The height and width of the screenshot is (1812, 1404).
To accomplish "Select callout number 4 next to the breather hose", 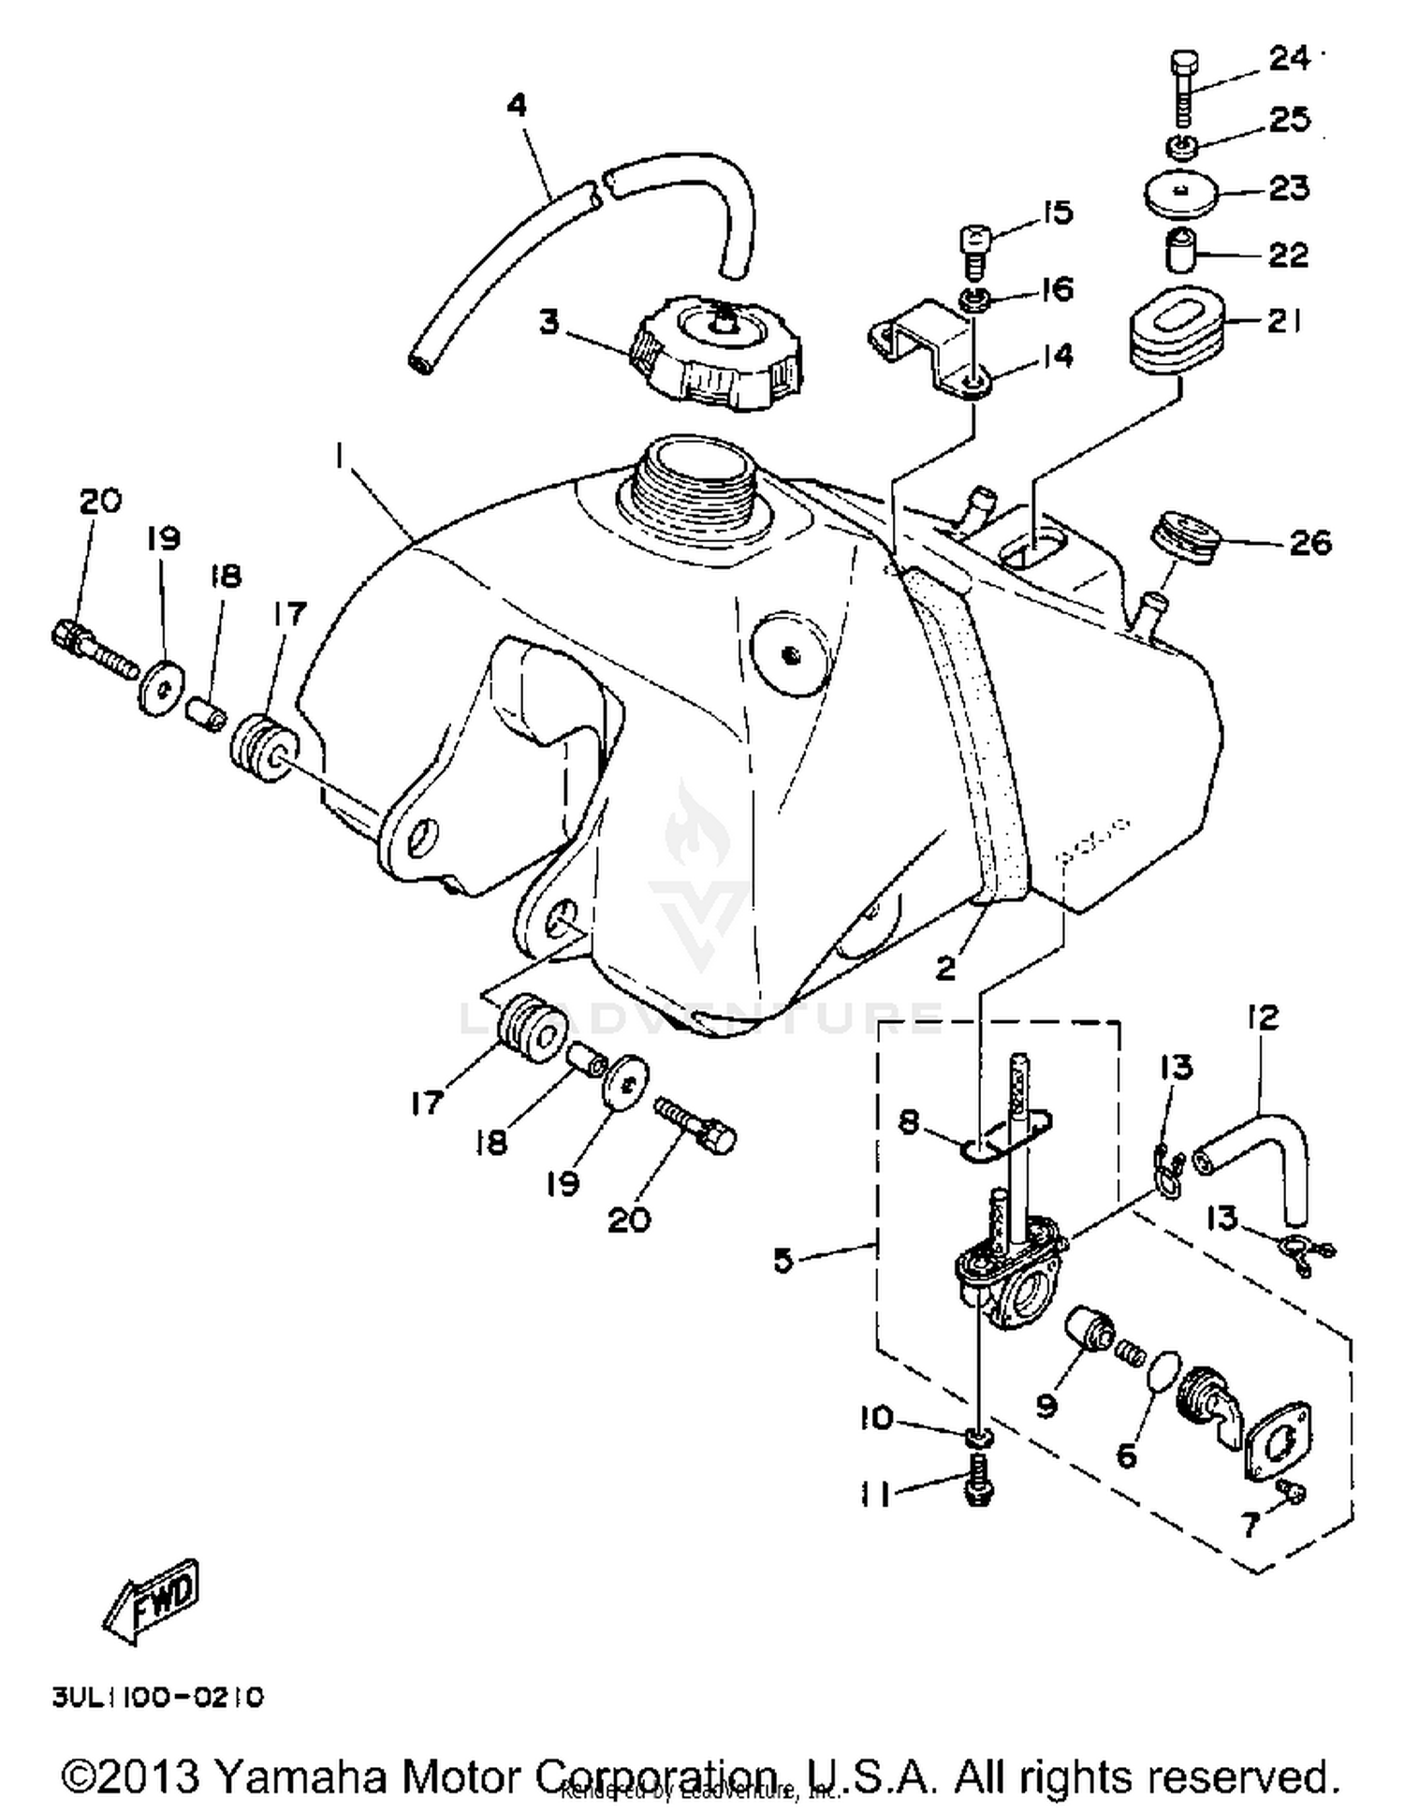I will coord(517,105).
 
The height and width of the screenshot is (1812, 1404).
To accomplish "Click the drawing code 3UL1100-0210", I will coord(157,1697).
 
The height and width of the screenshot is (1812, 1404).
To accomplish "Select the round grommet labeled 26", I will coord(1185,539).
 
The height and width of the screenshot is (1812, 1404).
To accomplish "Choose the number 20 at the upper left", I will coord(99,501).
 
